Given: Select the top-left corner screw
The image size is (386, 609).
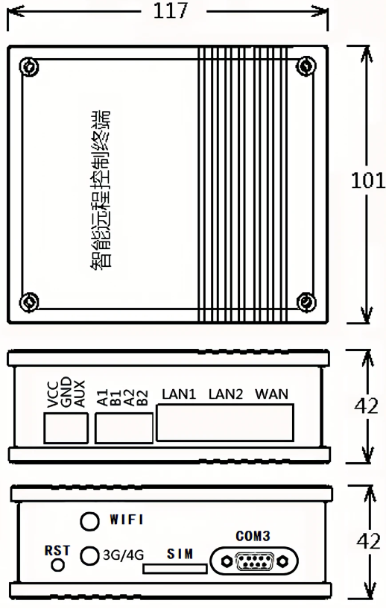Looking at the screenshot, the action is coord(29,67).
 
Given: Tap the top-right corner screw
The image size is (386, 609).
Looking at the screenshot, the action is coord(306,66).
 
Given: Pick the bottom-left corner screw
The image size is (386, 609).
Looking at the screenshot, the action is coord(29,302).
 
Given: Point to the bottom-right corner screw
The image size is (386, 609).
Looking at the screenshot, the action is coord(306,302).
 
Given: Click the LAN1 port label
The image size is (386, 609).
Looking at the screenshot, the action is coord(179,394).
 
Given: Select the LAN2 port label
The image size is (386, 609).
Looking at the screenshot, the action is coord(226,394).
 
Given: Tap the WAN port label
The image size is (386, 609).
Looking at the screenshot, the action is coord(272,394).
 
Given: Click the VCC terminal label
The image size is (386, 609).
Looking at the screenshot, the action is coord(52,395).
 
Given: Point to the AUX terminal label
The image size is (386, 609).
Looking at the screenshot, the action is coord(79,394).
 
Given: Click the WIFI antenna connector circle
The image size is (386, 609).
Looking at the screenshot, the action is coord(89,521).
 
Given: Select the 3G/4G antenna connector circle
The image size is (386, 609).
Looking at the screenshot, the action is coord(89,556).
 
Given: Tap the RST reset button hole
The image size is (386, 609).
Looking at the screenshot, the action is coord(58,564).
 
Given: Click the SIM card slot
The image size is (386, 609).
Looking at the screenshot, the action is coord(175,569).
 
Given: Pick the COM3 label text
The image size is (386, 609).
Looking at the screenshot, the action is coord(253,537).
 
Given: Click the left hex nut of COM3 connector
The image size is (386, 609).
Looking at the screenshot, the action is coord(226,561).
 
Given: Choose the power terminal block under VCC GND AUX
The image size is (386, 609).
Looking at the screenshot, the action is coord(66,429).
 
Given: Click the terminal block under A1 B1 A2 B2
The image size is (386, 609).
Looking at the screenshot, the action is coord(124,429).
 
